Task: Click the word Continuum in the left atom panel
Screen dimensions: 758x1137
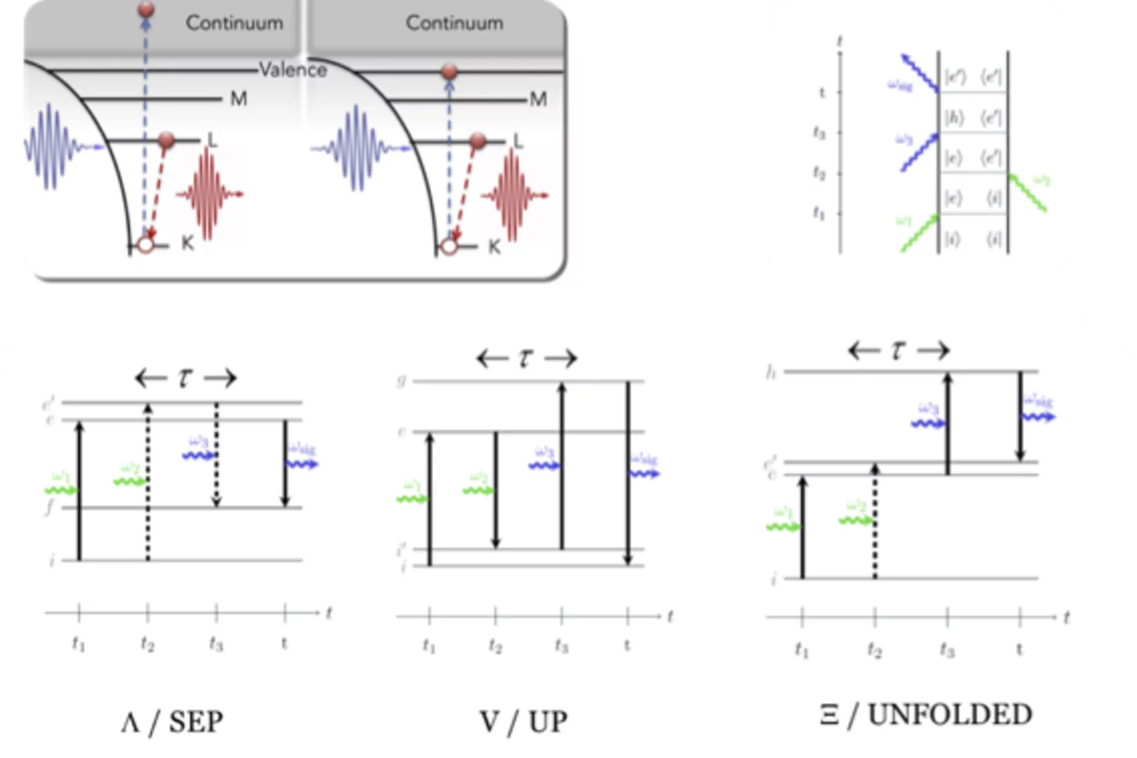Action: pos(234,23)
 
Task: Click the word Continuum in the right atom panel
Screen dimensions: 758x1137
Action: pos(454,23)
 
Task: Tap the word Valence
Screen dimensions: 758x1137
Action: pos(293,70)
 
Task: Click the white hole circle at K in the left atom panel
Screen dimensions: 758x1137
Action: pos(145,245)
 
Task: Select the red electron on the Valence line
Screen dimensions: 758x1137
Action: pos(449,71)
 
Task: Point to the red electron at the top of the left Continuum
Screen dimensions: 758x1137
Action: pos(146,10)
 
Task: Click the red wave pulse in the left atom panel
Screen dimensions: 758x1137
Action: pos(209,194)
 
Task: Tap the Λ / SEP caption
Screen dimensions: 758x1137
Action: pos(172,722)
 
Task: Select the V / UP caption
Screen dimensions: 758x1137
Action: pos(523,722)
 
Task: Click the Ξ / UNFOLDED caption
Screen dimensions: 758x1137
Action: pos(926,715)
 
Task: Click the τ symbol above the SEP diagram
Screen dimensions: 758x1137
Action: pos(185,378)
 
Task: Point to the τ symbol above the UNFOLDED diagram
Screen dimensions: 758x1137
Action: pos(898,350)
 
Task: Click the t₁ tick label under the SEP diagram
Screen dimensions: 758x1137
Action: pos(79,645)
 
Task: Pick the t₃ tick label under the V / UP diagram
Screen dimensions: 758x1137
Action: pos(562,647)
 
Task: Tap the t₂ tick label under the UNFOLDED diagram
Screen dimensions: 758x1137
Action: pos(875,650)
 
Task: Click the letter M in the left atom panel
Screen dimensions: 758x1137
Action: pos(239,99)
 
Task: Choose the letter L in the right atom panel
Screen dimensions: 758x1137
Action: pos(517,142)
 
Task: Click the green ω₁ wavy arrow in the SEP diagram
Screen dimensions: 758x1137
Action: pos(61,490)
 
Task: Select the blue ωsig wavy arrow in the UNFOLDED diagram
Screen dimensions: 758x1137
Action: pos(1038,417)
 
